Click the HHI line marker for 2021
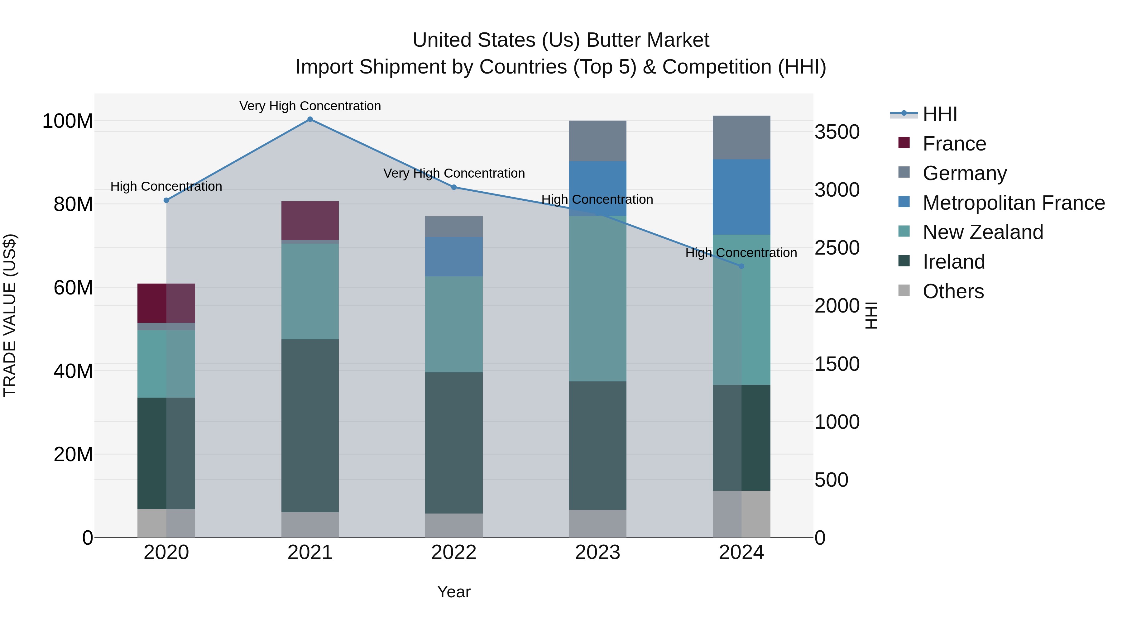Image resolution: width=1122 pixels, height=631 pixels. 310,119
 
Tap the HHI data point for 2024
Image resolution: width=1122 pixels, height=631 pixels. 741,266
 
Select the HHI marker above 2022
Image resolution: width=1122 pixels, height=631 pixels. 454,187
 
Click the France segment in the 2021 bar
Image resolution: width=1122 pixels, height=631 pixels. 310,220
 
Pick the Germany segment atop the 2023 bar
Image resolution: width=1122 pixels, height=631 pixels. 597,141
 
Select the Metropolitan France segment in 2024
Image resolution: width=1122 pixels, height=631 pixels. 741,197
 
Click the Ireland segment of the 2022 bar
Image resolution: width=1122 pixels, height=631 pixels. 454,442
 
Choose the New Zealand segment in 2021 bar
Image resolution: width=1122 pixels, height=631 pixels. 310,291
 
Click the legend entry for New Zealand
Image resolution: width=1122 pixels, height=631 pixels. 983,232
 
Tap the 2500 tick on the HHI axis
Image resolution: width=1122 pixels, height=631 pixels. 837,248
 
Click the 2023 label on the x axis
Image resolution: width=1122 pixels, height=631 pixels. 597,552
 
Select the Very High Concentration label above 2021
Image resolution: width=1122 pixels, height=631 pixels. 310,106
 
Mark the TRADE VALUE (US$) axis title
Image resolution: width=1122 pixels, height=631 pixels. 10,315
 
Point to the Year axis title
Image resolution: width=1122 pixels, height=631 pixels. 454,592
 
